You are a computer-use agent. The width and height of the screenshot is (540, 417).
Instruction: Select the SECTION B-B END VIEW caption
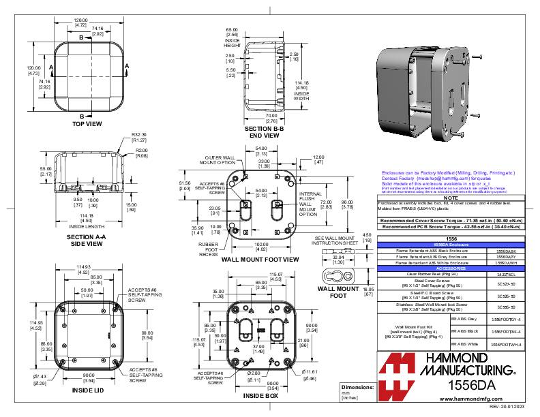coord(262,132)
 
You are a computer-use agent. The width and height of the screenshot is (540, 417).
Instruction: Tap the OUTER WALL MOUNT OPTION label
coord(217,159)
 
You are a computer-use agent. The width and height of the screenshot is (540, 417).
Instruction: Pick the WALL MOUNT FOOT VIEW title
coord(260,260)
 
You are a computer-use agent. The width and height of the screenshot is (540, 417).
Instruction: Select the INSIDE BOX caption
coord(260,395)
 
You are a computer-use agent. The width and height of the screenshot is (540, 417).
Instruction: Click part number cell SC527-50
coord(505,282)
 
